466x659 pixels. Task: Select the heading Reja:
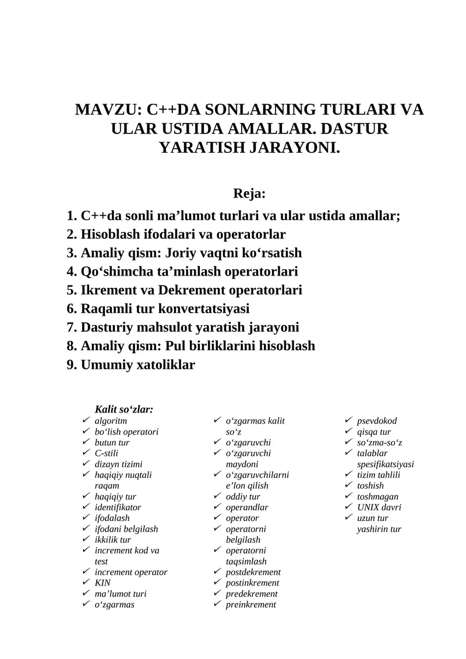249,193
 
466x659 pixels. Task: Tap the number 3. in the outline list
72,253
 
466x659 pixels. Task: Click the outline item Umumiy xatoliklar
138,365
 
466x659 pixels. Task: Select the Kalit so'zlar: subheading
124,410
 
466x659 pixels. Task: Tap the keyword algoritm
111,421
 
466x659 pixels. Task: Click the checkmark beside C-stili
86,453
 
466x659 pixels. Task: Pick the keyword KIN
103,583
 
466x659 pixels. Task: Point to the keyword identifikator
118,507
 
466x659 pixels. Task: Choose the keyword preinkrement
251,605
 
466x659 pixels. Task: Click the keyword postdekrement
253,572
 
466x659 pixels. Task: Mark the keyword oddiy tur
243,496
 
